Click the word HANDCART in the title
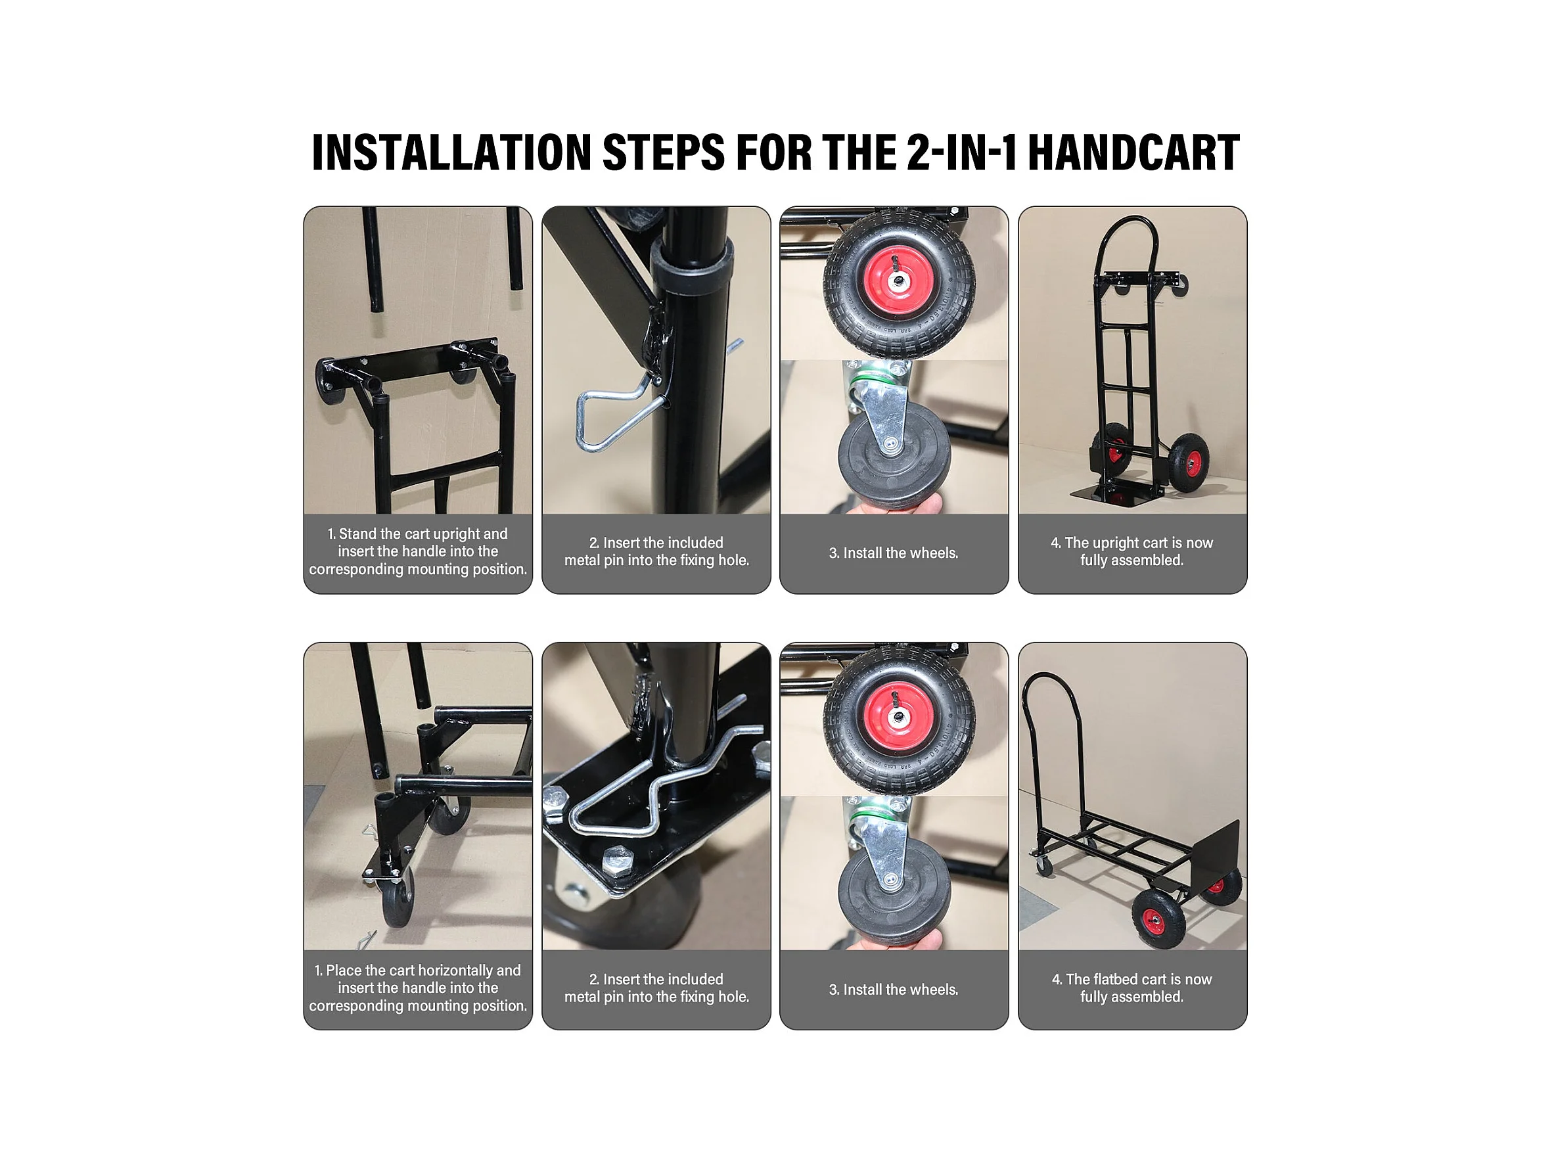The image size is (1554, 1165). pyautogui.click(x=1133, y=152)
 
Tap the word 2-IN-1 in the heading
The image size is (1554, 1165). pyautogui.click(x=962, y=152)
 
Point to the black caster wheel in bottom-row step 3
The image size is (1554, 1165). pyautogui.click(x=894, y=898)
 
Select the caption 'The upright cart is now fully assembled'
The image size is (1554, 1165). pyautogui.click(x=1131, y=551)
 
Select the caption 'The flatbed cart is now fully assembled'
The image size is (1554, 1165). pyautogui.click(x=1131, y=988)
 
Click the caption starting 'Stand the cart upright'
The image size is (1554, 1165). pyautogui.click(x=418, y=551)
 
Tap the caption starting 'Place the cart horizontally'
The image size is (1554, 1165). pyautogui.click(x=418, y=988)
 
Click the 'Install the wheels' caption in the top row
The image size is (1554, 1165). pyautogui.click(x=894, y=553)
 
